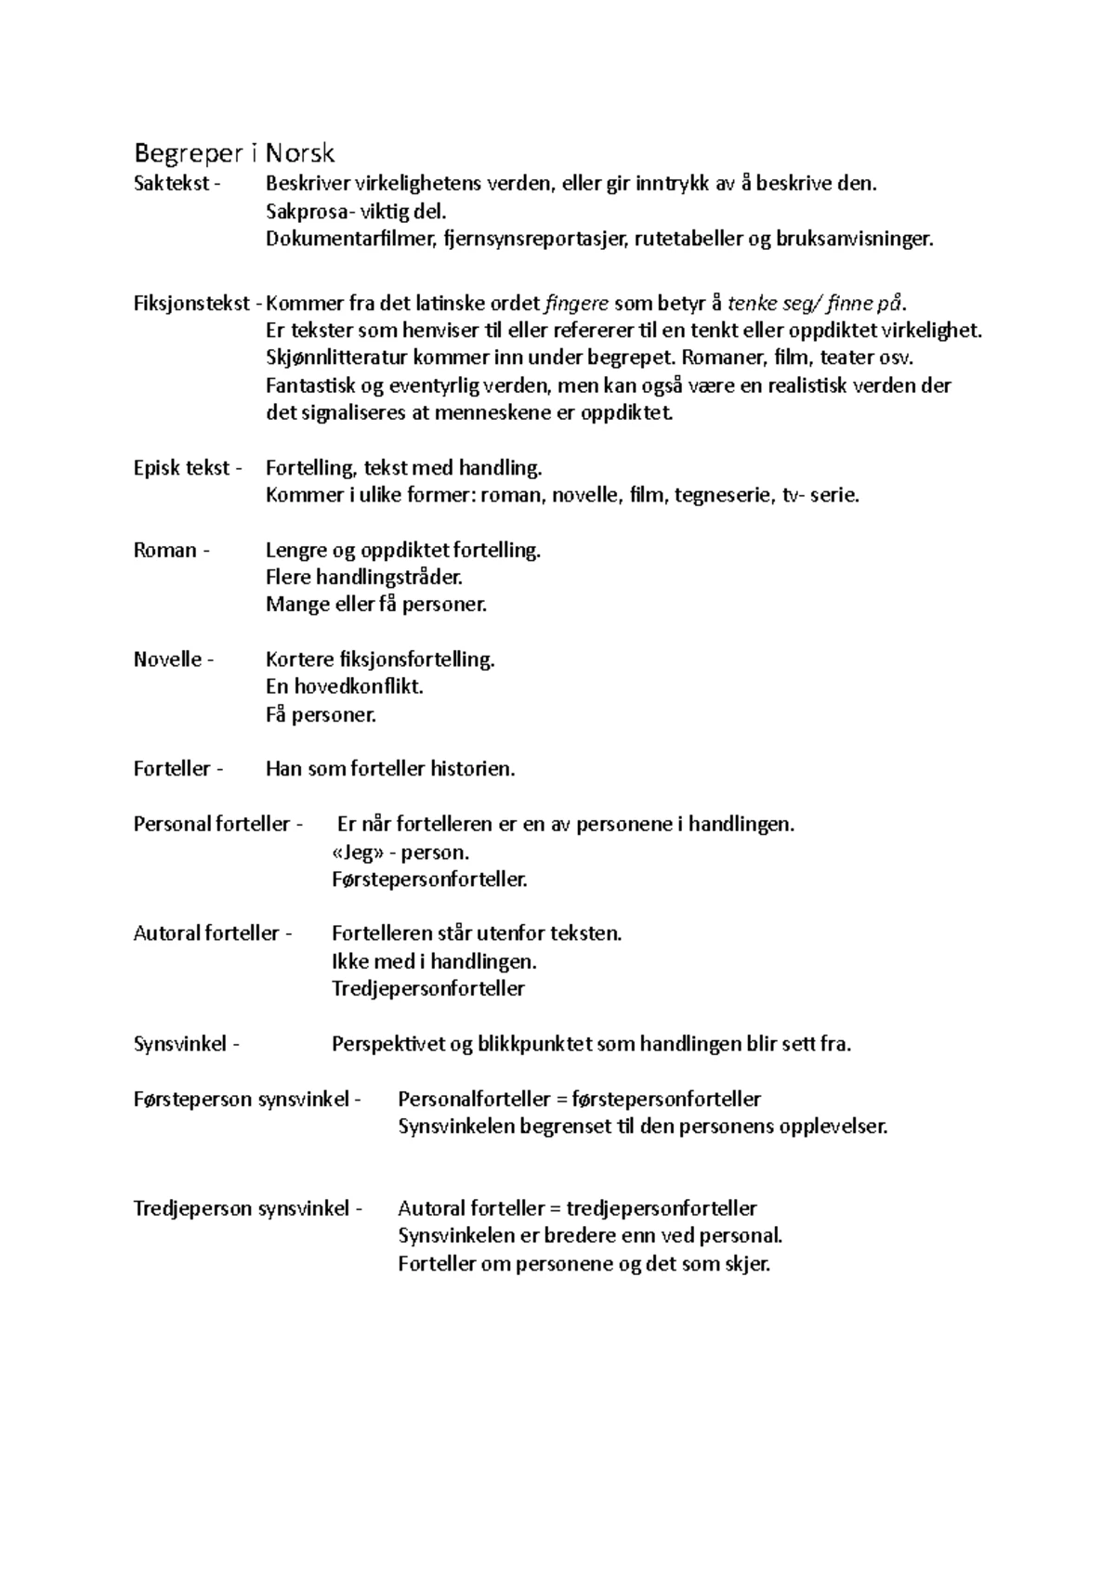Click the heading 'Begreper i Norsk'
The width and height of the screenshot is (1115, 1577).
[x=234, y=152]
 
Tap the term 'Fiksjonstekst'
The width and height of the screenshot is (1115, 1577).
[x=191, y=304]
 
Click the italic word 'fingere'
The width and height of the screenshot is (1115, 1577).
[x=576, y=304]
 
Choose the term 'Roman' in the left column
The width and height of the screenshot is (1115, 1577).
[x=164, y=550]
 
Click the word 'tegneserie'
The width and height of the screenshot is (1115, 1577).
[x=726, y=495]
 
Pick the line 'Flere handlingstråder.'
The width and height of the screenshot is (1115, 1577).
[x=364, y=578]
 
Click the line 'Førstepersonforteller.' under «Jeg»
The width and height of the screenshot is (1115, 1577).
[x=429, y=879]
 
